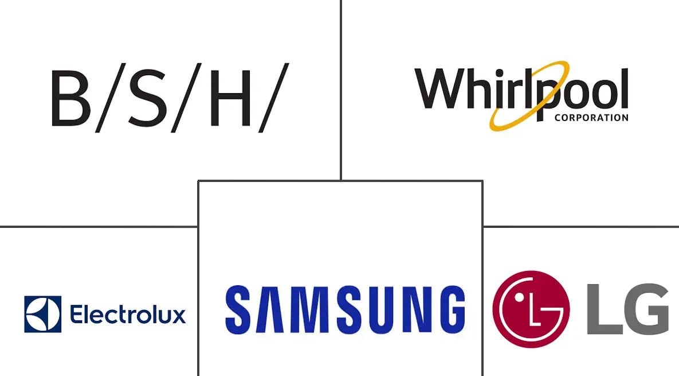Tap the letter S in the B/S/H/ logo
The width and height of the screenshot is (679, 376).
pos(147,98)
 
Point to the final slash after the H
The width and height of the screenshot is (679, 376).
pos(274,98)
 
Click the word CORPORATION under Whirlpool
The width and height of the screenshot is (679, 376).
pos(591,118)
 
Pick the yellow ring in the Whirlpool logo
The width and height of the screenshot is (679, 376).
pos(529,95)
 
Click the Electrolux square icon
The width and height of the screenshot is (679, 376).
pos(43,314)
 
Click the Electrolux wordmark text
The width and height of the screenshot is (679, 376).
pos(128,314)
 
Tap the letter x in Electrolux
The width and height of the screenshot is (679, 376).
pos(178,316)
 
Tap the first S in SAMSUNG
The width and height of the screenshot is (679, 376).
pos(240,309)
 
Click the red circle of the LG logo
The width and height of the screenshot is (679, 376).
pos(531,309)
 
